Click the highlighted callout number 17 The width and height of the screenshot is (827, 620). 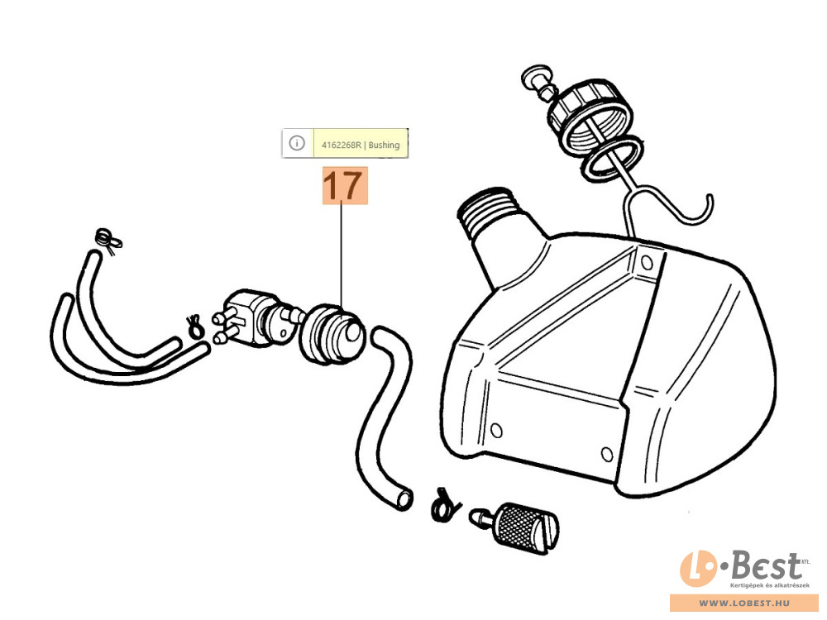pyautogui.click(x=345, y=185)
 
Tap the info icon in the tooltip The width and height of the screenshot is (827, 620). pyautogui.click(x=297, y=143)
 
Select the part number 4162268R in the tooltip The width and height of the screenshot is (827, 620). pyautogui.click(x=342, y=145)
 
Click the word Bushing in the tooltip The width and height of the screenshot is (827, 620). pyautogui.click(x=384, y=145)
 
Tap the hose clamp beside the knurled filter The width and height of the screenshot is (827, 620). pyautogui.click(x=444, y=506)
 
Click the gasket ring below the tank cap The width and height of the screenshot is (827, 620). pyautogui.click(x=612, y=158)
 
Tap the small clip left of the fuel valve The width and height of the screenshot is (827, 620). pyautogui.click(x=194, y=326)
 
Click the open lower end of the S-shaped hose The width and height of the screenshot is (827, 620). pyautogui.click(x=404, y=498)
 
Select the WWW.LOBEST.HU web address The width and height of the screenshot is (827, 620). pyautogui.click(x=744, y=603)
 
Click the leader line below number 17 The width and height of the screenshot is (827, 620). pyautogui.click(x=342, y=255)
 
